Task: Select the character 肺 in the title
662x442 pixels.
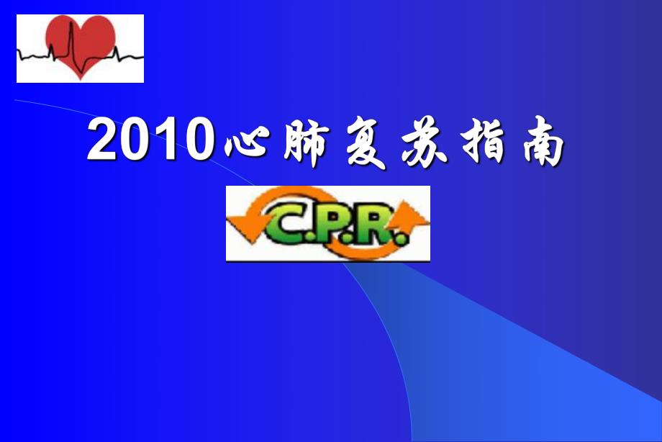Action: pyautogui.click(x=300, y=144)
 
